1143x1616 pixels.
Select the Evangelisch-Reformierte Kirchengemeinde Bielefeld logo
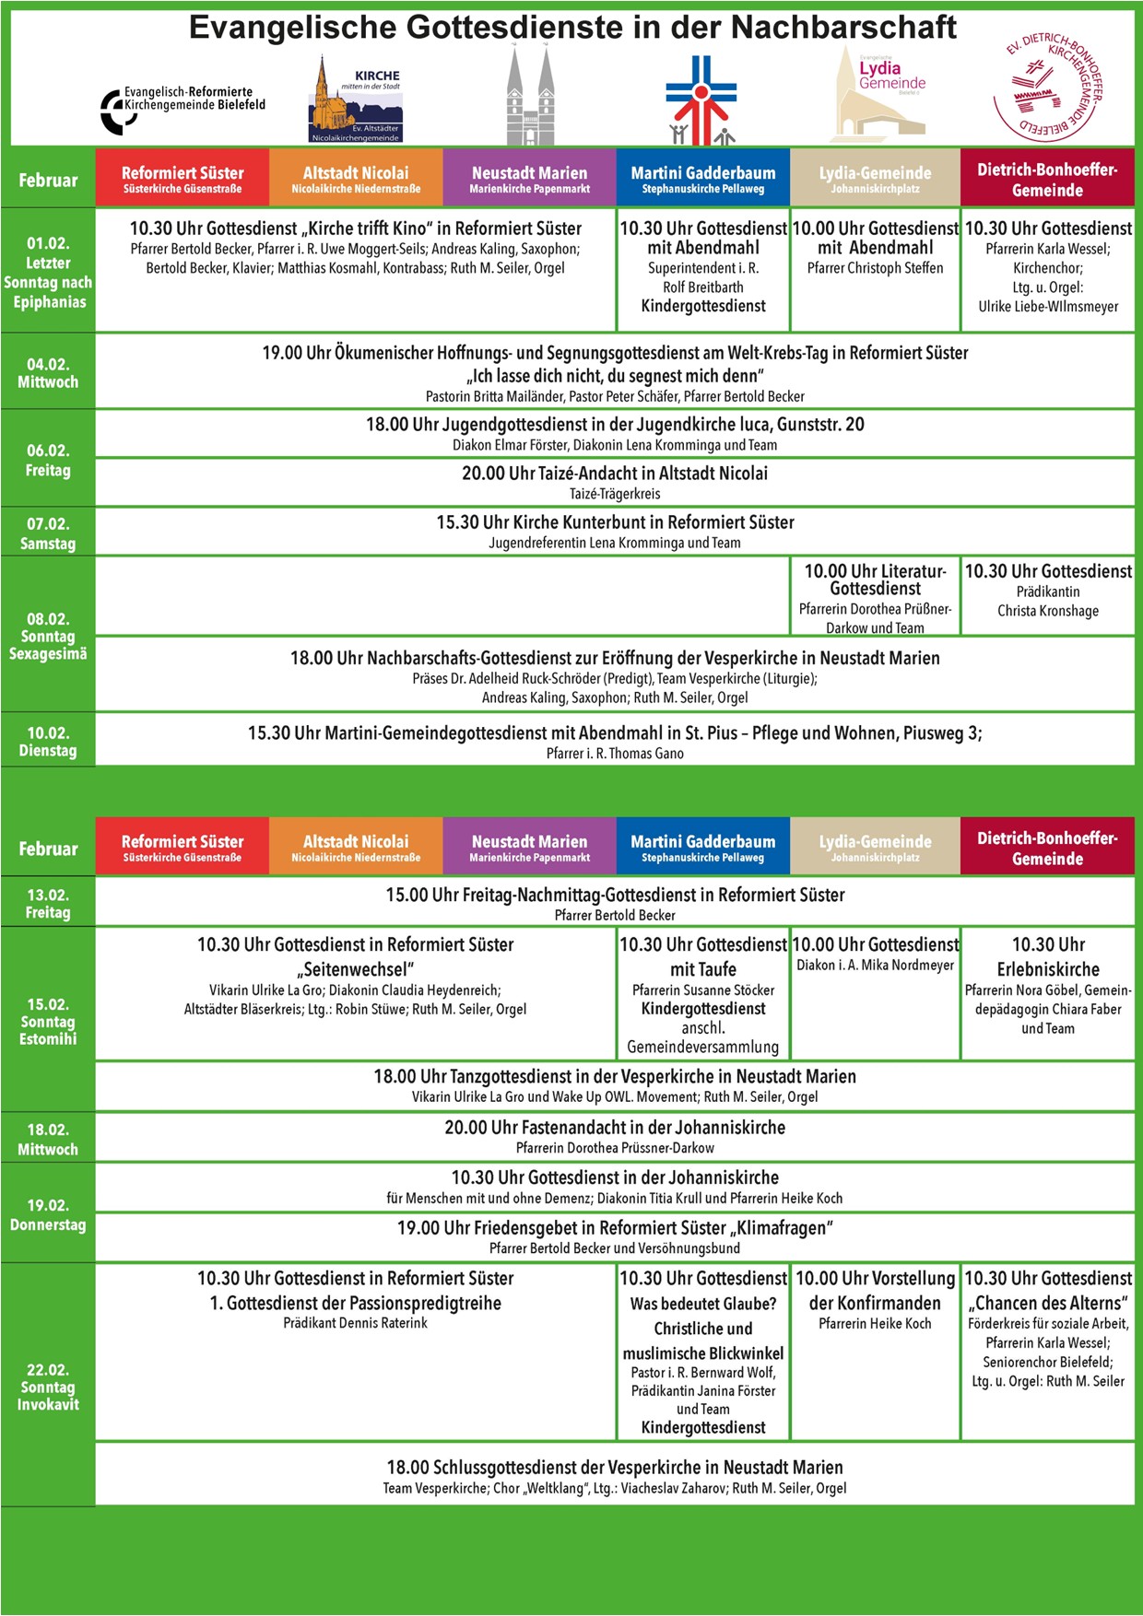click(x=183, y=107)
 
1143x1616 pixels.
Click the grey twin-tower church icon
click(x=530, y=98)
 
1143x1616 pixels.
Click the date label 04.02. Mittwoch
click(x=48, y=373)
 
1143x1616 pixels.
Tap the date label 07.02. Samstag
click(x=48, y=533)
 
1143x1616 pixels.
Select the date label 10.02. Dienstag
click(x=48, y=742)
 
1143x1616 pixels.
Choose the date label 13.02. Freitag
click(x=48, y=903)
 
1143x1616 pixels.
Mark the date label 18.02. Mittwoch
click(x=48, y=1139)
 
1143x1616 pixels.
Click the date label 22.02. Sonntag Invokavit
click(x=48, y=1387)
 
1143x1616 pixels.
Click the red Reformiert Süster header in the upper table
click(x=183, y=179)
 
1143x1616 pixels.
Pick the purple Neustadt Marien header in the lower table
click(x=529, y=848)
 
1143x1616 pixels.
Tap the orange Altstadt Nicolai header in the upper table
click(x=356, y=179)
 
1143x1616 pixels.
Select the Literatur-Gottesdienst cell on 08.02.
click(x=875, y=597)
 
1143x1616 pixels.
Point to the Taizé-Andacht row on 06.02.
click(x=615, y=482)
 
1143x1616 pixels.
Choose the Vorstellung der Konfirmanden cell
click(x=875, y=1301)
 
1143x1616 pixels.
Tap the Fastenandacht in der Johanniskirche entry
click(x=615, y=1136)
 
